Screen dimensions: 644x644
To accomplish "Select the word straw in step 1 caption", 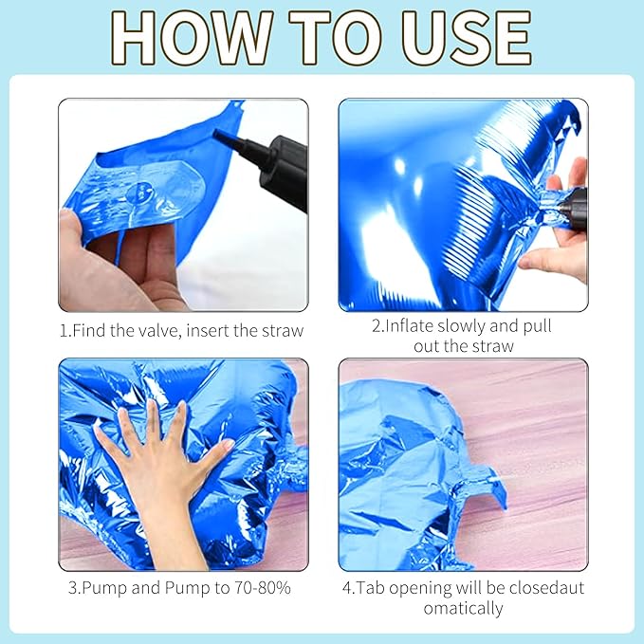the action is [283, 331].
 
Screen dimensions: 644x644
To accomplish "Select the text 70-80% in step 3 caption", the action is [263, 588].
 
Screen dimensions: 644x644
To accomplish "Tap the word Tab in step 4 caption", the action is [370, 588].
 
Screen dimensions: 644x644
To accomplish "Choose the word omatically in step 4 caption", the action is [463, 609].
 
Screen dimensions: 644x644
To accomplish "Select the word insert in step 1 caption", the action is [208, 331].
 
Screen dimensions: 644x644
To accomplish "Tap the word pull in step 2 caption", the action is [537, 326].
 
